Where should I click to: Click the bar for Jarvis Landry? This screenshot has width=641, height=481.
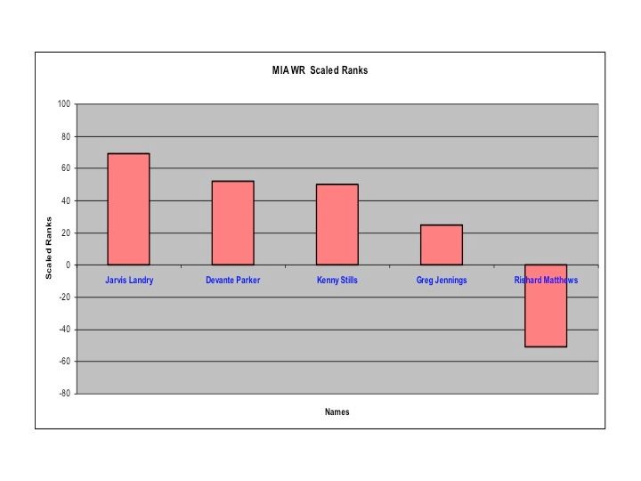[128, 209]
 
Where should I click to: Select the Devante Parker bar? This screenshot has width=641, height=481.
[232, 223]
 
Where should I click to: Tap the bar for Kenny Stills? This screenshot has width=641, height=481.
[337, 224]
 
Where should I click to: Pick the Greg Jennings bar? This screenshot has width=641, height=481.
[442, 245]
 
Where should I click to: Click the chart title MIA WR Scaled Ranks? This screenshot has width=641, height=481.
[320, 71]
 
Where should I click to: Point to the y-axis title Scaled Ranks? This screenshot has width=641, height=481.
[50, 249]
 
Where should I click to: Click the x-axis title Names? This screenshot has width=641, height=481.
[337, 412]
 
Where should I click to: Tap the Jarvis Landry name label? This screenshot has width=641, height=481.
[129, 281]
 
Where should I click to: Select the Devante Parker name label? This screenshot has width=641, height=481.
[232, 281]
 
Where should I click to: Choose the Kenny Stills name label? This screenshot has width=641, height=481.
[337, 281]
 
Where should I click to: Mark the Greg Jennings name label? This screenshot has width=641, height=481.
[442, 281]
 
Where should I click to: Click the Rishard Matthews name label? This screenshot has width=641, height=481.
[546, 281]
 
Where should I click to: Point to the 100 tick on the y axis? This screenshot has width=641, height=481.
[64, 104]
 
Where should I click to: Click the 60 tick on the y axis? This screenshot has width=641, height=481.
[66, 168]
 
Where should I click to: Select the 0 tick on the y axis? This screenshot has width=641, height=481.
[69, 265]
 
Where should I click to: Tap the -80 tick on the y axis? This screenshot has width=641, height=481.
[64, 394]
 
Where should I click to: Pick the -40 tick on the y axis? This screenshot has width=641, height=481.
[64, 330]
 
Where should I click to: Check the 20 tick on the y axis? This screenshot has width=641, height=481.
[66, 233]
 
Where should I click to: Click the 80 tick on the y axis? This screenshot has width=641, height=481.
[66, 136]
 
